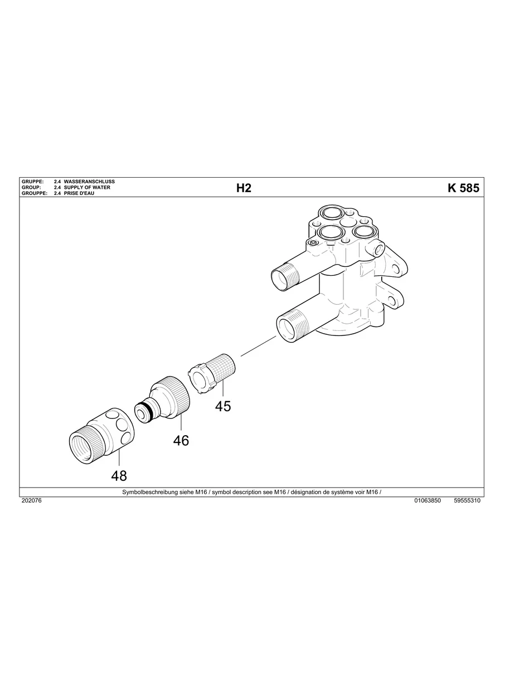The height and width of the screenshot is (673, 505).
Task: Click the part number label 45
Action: click(223, 406)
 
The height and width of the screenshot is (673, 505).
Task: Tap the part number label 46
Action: click(181, 440)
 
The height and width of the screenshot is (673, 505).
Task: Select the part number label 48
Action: click(119, 475)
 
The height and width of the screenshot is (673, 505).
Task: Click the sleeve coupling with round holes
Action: click(103, 435)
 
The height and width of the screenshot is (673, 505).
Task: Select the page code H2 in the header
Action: click(244, 188)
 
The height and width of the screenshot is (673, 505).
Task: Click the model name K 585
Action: click(463, 188)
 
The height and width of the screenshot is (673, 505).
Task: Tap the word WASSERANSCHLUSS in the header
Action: click(89, 182)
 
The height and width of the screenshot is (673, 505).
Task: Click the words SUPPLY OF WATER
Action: click(87, 188)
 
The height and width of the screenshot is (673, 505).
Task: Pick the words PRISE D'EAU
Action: click(79, 193)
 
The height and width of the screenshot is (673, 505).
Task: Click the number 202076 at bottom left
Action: click(31, 501)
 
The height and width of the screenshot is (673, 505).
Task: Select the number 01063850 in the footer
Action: click(428, 501)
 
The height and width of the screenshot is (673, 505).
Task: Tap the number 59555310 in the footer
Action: click(467, 501)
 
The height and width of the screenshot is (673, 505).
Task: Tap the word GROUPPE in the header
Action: click(32, 193)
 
